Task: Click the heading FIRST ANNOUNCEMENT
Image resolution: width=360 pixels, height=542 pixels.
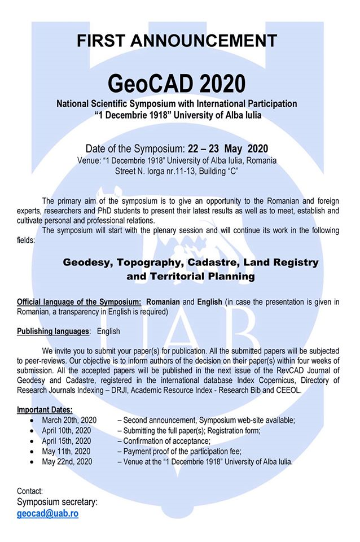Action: click(x=177, y=41)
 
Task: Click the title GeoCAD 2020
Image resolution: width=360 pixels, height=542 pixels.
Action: click(x=177, y=84)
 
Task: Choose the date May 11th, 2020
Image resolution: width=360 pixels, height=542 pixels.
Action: click(x=66, y=451)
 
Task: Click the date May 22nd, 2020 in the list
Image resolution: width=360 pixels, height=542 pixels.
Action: click(x=67, y=461)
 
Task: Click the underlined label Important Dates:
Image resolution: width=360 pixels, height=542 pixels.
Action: click(x=45, y=409)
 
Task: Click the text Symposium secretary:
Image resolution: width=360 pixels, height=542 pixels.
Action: click(x=57, y=502)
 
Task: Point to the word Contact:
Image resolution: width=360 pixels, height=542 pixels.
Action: click(x=30, y=491)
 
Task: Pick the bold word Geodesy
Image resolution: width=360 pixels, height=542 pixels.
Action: click(x=87, y=263)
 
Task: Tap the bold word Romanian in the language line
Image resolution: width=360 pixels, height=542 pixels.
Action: click(x=159, y=301)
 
